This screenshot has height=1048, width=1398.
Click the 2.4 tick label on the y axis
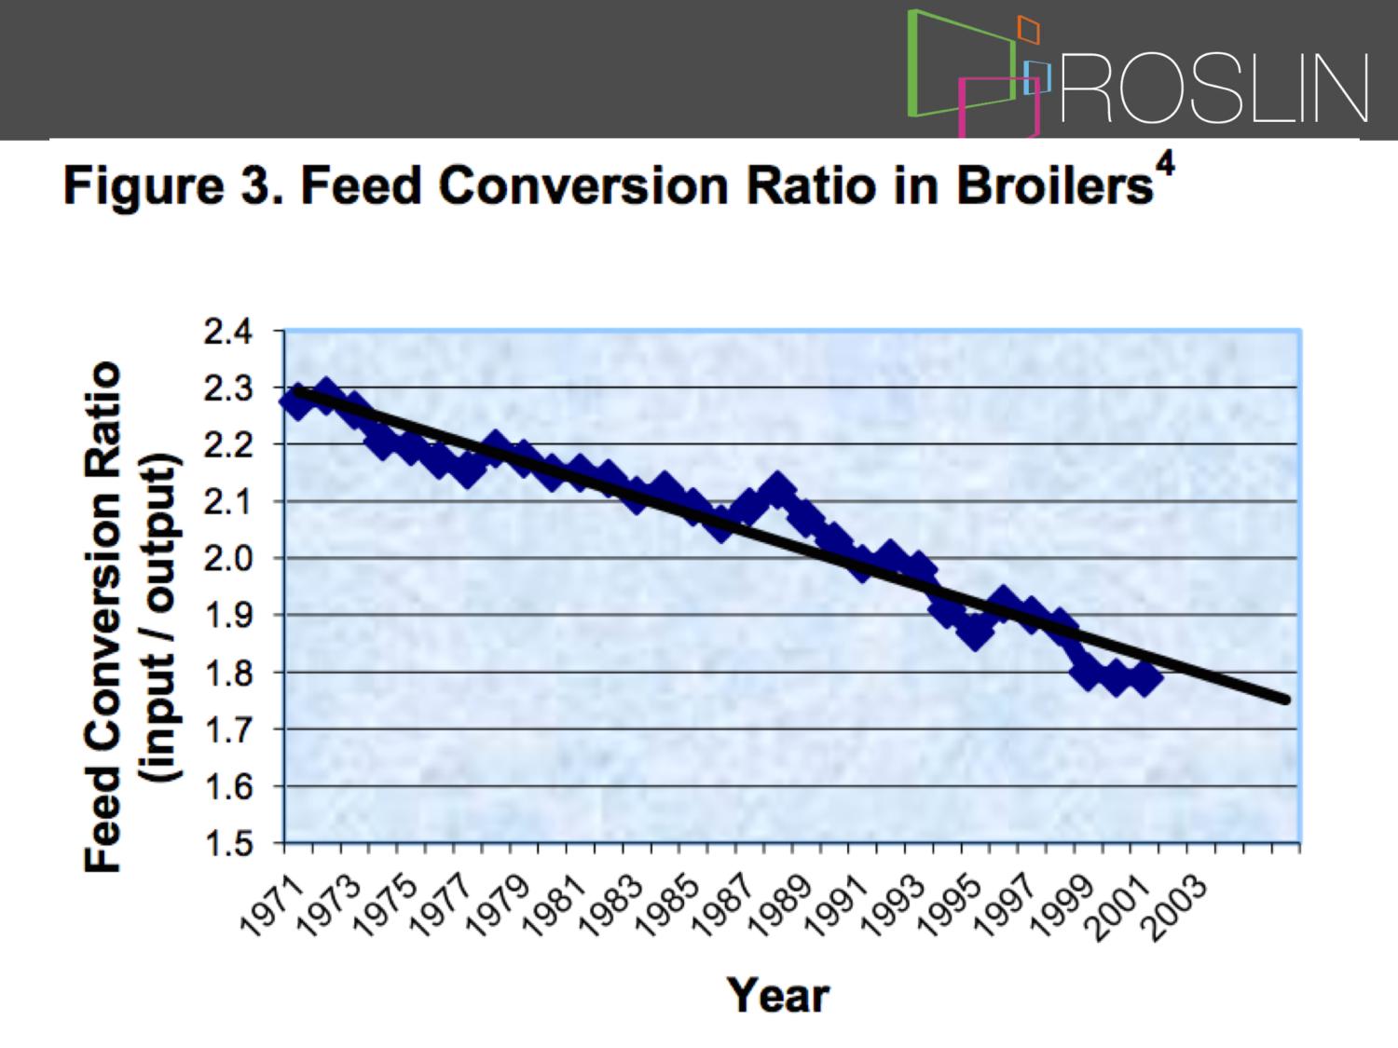[228, 333]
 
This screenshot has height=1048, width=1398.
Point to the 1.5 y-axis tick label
[228, 844]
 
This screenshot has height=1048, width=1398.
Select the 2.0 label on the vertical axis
[228, 559]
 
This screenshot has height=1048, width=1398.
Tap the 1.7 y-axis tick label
[228, 730]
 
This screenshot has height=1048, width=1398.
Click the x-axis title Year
[777, 996]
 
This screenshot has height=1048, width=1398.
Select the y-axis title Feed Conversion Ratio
[102, 616]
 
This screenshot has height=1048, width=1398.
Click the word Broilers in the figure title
[1055, 185]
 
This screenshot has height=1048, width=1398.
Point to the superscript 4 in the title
[1166, 168]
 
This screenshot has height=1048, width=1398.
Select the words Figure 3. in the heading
[173, 185]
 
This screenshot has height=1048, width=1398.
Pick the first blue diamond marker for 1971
[296, 402]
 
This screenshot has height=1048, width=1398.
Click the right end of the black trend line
[1286, 700]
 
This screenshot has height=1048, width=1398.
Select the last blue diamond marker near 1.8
[1144, 678]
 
